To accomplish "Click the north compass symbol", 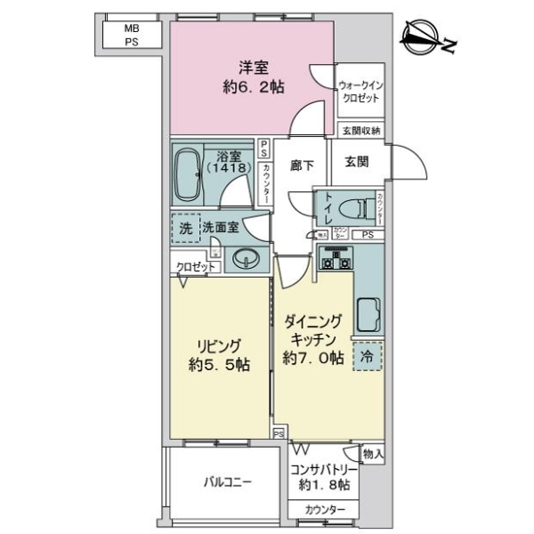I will [x=428, y=36].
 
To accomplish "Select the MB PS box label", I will [x=131, y=35].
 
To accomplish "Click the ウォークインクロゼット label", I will [x=360, y=92].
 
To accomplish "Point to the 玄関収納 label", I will [x=361, y=131].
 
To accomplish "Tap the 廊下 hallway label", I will [x=303, y=166].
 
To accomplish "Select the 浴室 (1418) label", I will [x=231, y=161].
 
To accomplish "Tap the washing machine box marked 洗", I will [x=185, y=228].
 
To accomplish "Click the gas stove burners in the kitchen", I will [x=335, y=261].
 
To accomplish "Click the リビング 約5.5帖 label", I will [x=219, y=354].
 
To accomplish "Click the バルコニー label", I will [x=227, y=483].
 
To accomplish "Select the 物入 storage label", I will [x=373, y=454].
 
